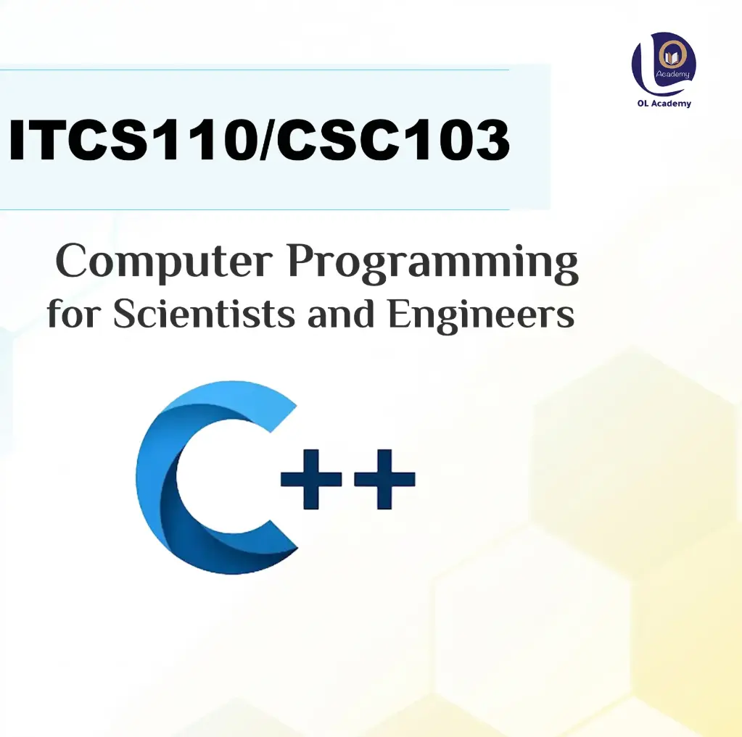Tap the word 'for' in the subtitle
pos(73,315)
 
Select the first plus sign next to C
pos(311,479)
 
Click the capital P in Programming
pos(304,262)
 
